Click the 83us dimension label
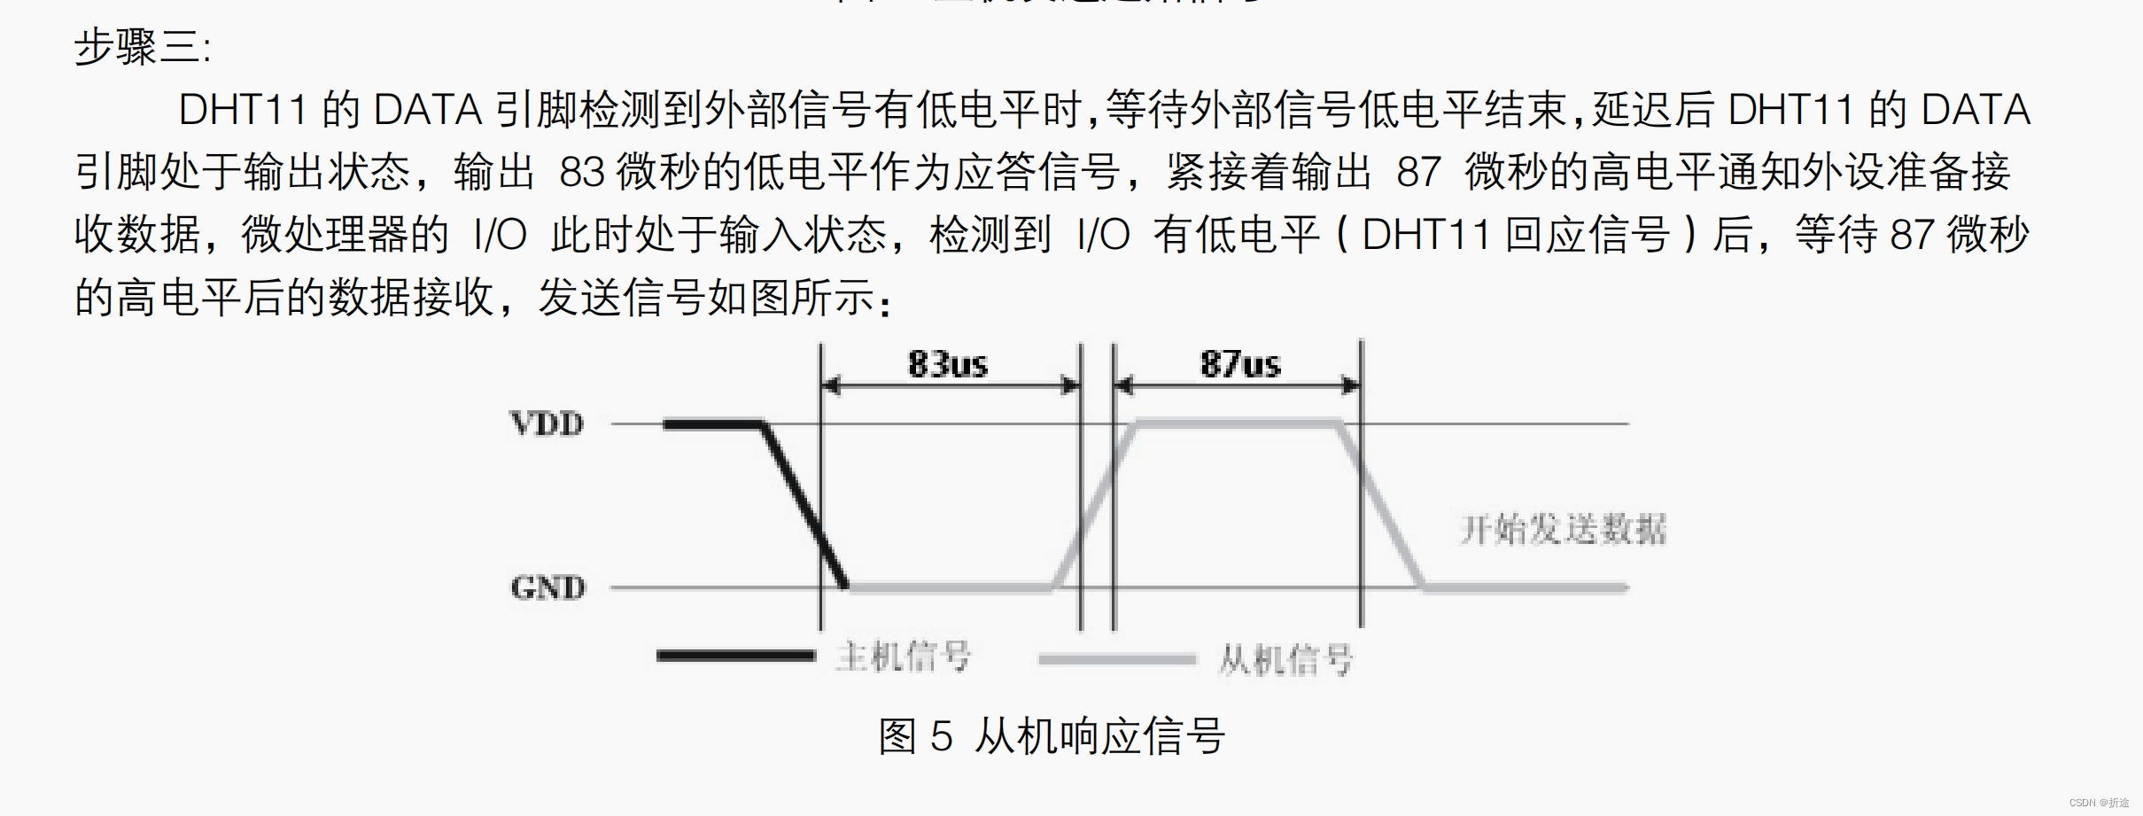[x=947, y=364]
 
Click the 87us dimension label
[x=1239, y=364]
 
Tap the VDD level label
[x=547, y=424]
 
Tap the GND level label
[x=547, y=587]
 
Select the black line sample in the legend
[x=735, y=656]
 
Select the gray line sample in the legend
[x=1116, y=659]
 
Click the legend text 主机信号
[x=903, y=657]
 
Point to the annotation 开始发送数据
[x=1563, y=530]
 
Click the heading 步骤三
[x=142, y=47]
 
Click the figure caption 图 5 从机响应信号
[x=1052, y=736]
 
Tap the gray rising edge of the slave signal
[x=1094, y=506]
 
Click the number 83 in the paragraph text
[x=581, y=172]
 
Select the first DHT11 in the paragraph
[x=242, y=110]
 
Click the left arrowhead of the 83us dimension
[x=832, y=385]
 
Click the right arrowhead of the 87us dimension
[x=1350, y=385]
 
